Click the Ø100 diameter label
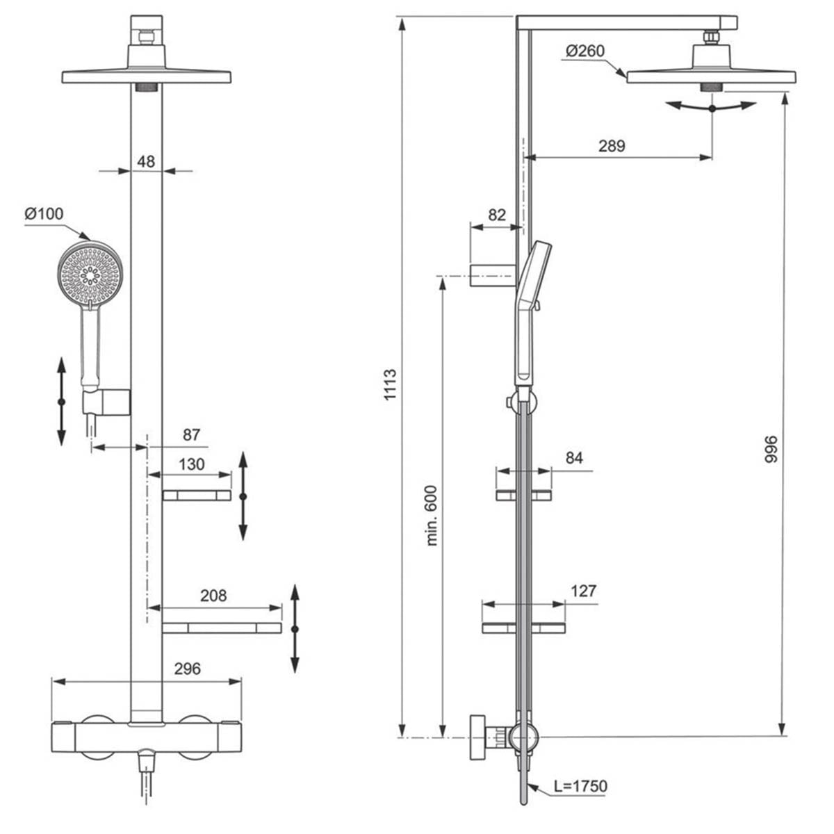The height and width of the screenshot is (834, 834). [44, 213]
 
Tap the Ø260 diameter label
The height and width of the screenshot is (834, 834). [584, 51]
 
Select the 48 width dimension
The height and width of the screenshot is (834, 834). [146, 161]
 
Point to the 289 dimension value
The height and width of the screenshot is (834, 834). [612, 146]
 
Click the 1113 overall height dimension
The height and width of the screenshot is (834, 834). [390, 383]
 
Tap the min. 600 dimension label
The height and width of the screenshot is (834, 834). [432, 514]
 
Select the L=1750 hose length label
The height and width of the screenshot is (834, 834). [580, 786]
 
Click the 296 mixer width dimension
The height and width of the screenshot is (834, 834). [187, 669]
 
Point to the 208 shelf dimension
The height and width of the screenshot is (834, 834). [213, 596]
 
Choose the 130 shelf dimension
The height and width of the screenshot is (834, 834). [192, 464]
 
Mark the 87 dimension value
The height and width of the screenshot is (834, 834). [191, 435]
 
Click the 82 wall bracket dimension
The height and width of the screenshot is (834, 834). [497, 215]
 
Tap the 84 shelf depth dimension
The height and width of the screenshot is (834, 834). [574, 457]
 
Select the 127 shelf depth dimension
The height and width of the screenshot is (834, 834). [583, 591]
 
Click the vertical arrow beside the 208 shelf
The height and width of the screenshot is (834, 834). [295, 628]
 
